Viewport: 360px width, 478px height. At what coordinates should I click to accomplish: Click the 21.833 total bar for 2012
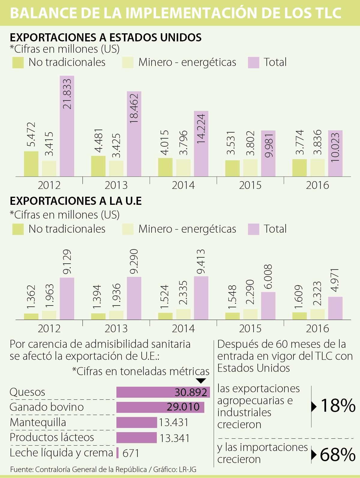pos(67,126)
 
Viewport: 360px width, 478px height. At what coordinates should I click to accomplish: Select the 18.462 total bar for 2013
pos(134,134)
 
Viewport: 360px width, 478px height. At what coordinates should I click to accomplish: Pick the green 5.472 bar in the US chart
pos(31,164)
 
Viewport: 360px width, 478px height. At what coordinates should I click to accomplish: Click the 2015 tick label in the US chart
pos(250,185)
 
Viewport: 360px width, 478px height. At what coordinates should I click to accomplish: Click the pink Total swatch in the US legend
pos(253,63)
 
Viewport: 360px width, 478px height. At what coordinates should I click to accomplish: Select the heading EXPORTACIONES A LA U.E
pos(76,201)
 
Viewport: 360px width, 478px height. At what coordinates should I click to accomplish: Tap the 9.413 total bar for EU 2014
pos(201,298)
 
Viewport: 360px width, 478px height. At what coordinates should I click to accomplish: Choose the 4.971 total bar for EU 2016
pos(335,308)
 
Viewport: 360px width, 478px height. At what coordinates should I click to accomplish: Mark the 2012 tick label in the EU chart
pos(49,329)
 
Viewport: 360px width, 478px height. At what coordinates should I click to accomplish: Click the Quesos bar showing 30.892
pos(163,392)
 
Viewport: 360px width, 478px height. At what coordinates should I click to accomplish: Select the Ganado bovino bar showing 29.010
pos(160,407)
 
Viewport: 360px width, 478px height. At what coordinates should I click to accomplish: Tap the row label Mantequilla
pos(38,422)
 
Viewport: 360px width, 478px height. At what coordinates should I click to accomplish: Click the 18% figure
pos(338,406)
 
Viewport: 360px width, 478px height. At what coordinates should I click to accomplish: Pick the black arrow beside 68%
pos(314,455)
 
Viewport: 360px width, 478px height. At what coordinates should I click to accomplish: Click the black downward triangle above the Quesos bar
pos(201,381)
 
